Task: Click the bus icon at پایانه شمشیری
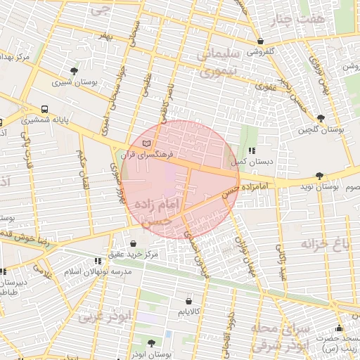click(x=45, y=110)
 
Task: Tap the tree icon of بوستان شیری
click(x=75, y=70)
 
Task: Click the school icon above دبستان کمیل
click(x=251, y=150)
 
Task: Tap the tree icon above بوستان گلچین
click(x=321, y=118)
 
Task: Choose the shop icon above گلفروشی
click(x=261, y=41)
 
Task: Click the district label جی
click(x=103, y=11)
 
